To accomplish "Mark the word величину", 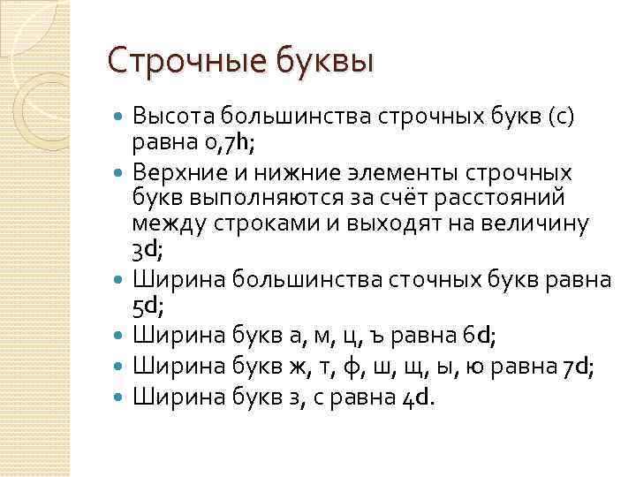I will tap(541, 225).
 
